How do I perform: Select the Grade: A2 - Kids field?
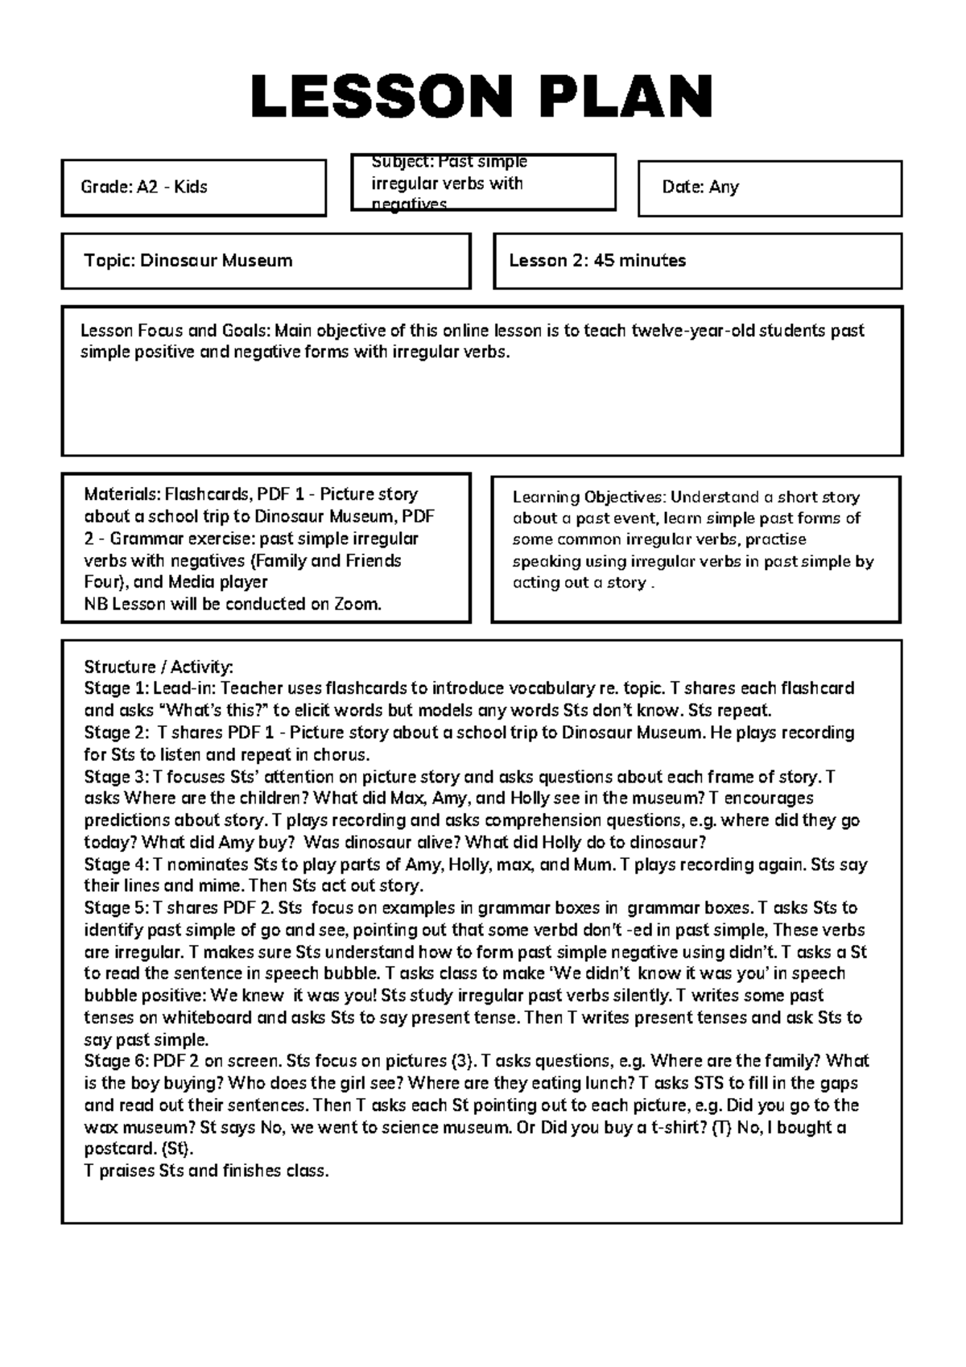pos(144,188)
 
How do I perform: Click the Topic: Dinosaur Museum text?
pos(188,261)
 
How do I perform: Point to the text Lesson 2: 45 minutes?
pos(597,261)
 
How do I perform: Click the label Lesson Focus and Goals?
pos(176,331)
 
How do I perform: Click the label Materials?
pos(122,494)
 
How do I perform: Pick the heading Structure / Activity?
pos(159,667)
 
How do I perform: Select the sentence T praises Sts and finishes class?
pos(207,1171)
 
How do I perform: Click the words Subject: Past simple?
pos(449,162)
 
